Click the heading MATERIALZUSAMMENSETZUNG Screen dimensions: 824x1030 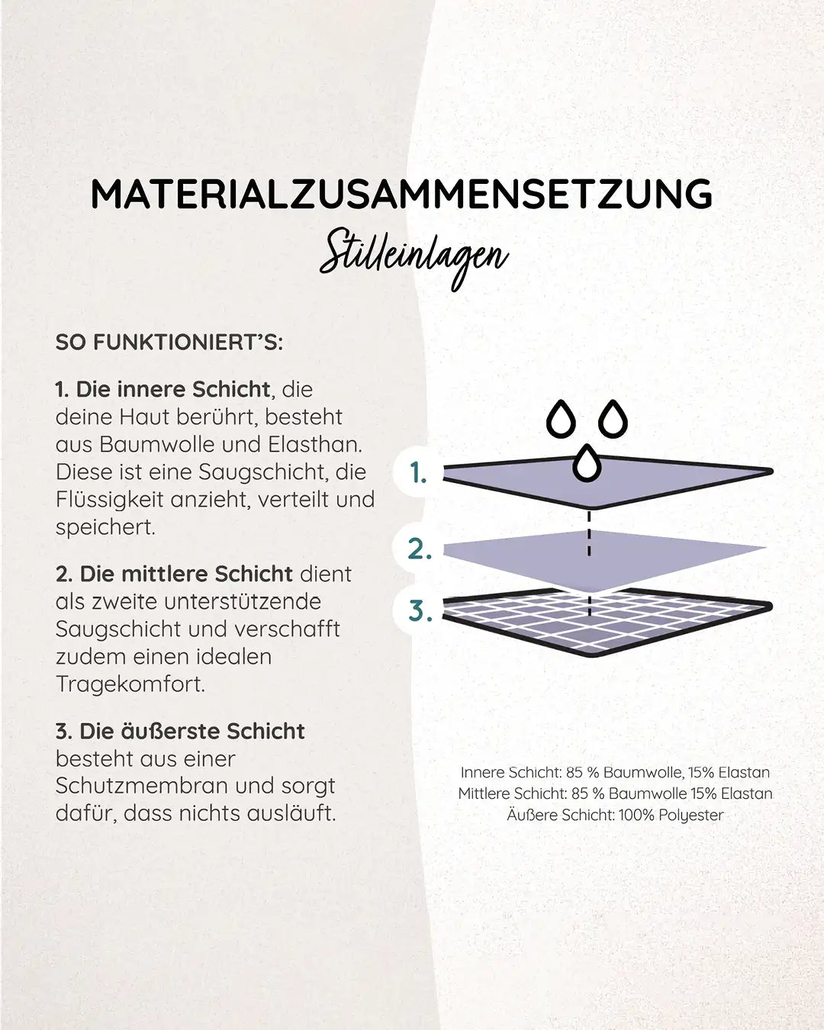click(x=401, y=194)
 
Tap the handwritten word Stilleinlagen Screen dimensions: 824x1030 click(x=414, y=259)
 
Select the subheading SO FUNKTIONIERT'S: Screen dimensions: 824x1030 click(x=169, y=343)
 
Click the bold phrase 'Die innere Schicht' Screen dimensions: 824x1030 click(x=173, y=389)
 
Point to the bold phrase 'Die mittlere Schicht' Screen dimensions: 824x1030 click(x=186, y=574)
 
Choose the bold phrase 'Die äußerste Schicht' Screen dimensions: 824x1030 click(x=192, y=732)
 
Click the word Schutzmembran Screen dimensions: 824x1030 click(x=149, y=786)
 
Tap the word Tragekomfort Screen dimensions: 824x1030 click(x=130, y=684)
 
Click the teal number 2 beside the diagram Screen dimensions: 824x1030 click(x=420, y=549)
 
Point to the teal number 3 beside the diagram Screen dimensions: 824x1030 click(x=420, y=611)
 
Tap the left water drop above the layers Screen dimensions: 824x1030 click(x=561, y=418)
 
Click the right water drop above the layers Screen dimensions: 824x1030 click(x=613, y=418)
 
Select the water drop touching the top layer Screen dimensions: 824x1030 click(x=587, y=463)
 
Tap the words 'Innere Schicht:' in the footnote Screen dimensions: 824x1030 click(x=511, y=772)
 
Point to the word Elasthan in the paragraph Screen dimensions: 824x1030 click(x=315, y=445)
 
